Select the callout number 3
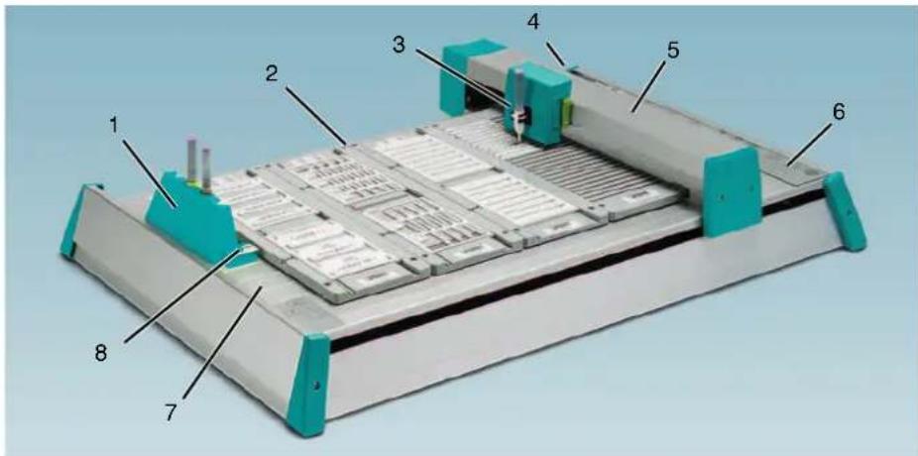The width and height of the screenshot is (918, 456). (399, 45)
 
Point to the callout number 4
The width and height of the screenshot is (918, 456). (532, 22)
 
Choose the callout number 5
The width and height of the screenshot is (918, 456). (673, 51)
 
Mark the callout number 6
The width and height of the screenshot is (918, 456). (839, 112)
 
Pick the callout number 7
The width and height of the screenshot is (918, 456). (171, 412)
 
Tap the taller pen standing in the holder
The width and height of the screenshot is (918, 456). (192, 157)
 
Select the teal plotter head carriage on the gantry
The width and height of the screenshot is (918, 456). (538, 102)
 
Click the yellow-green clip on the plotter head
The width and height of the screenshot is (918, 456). (567, 111)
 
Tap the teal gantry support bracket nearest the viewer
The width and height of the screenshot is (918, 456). (732, 192)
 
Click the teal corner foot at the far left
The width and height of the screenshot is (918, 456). (75, 221)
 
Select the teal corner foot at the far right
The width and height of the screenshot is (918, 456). (845, 211)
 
